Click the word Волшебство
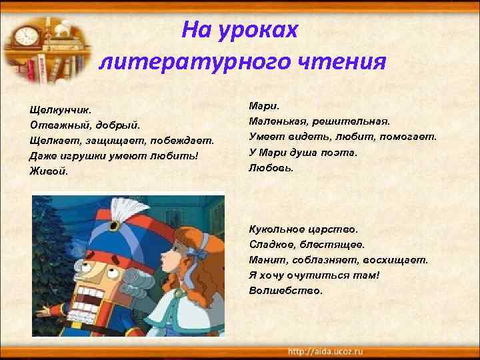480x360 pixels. [285, 291]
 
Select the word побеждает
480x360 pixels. [187, 140]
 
